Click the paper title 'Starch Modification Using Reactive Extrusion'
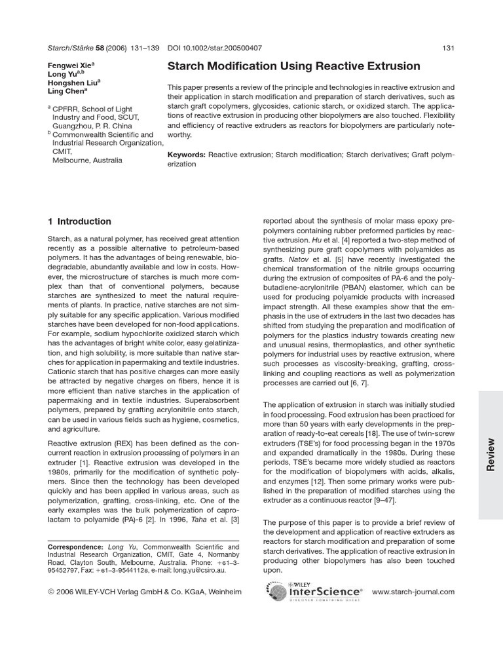pos(294,66)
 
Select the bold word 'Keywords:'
pos(187,155)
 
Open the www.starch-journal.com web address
pos(413,592)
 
